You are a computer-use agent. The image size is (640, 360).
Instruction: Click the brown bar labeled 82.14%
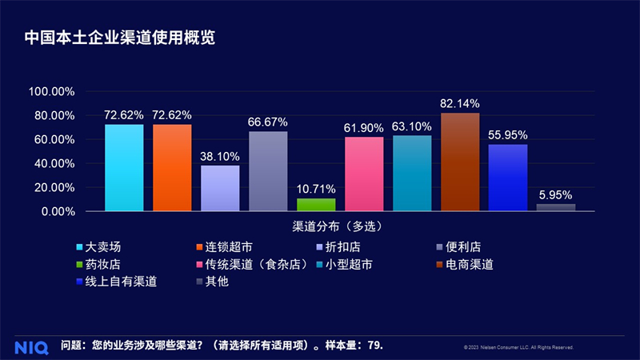(x=460, y=162)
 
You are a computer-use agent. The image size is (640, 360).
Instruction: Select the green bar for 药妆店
(x=316, y=205)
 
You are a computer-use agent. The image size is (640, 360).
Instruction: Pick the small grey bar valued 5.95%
(x=556, y=208)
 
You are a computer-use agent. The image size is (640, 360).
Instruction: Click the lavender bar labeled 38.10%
(x=220, y=189)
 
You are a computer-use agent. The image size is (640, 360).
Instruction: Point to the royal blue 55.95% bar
(x=508, y=178)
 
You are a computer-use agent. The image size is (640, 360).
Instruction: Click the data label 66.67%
(x=268, y=122)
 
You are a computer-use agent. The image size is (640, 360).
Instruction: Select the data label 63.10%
(x=412, y=126)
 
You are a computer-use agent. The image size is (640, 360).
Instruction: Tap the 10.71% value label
(x=316, y=189)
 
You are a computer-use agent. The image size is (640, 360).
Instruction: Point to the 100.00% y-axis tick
(x=52, y=92)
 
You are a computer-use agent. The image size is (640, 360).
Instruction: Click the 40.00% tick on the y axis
(x=55, y=164)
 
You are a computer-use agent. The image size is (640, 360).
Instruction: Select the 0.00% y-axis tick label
(x=58, y=212)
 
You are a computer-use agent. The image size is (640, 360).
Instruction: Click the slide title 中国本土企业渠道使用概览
(x=119, y=38)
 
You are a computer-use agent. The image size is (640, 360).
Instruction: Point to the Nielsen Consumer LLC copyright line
(x=518, y=347)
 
